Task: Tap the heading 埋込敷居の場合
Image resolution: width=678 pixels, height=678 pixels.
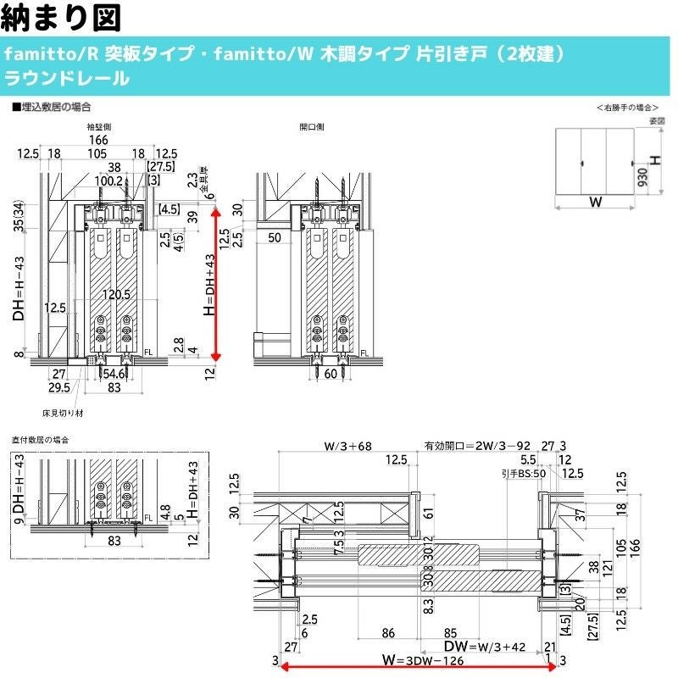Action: pyautogui.click(x=53, y=108)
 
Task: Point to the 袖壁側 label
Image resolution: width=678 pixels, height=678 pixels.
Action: pyautogui.click(x=100, y=127)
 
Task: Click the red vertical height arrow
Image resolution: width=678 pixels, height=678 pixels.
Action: pyautogui.click(x=216, y=284)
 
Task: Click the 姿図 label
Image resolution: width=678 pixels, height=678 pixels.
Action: pyautogui.click(x=656, y=121)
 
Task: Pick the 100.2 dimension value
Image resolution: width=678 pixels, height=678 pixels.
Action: pyautogui.click(x=109, y=181)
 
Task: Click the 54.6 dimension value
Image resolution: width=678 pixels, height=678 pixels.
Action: pyautogui.click(x=115, y=373)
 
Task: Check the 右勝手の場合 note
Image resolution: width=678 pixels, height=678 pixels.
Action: pyautogui.click(x=627, y=108)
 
